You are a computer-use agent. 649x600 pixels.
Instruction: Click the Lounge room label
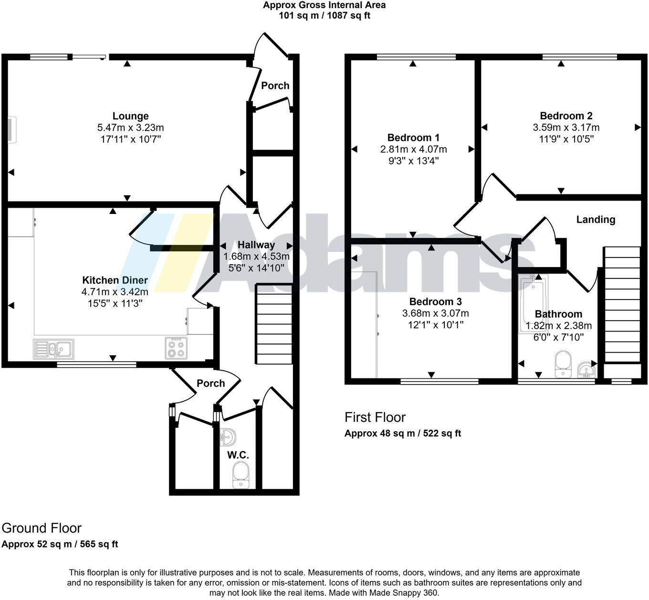click(130, 116)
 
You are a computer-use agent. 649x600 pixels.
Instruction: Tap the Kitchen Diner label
click(115, 280)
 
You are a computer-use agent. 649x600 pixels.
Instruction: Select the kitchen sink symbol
click(53, 349)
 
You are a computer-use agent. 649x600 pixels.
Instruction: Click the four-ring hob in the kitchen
click(176, 348)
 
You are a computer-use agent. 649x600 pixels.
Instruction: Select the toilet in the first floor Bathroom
click(564, 364)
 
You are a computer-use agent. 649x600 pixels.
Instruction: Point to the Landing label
click(596, 220)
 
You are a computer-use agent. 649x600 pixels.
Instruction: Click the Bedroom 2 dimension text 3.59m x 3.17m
click(566, 128)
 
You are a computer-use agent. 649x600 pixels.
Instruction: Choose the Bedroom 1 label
click(413, 138)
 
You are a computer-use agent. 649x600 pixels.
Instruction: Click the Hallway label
click(256, 245)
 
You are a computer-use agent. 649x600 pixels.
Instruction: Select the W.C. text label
click(238, 455)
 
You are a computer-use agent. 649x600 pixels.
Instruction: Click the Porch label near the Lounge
click(275, 86)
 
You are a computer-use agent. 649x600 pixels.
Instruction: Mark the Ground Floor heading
click(42, 528)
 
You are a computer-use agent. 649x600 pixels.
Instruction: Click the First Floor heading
click(375, 417)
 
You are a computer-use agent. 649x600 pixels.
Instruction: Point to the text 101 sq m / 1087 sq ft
click(324, 15)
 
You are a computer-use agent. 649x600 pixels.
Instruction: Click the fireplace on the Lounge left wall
click(11, 129)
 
